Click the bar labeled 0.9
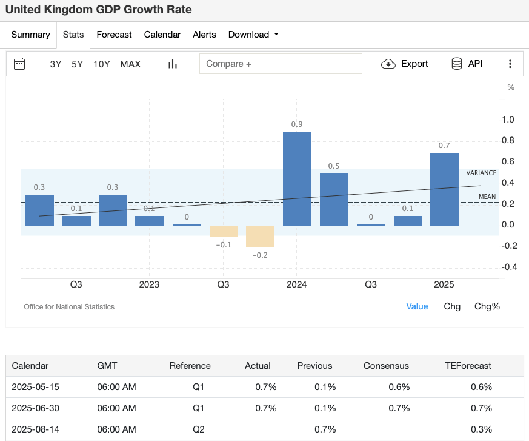(297, 178)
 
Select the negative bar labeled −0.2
(260, 237)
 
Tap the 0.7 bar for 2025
(444, 189)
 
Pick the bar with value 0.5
(334, 200)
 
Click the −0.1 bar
(224, 231)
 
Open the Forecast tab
(114, 35)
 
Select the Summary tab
(30, 35)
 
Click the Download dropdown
(253, 35)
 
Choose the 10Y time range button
(101, 64)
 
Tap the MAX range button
(130, 64)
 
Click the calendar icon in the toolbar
(19, 64)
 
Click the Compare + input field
(281, 64)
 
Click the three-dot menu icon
(510, 64)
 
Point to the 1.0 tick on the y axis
(508, 120)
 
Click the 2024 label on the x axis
(297, 284)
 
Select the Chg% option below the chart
(487, 306)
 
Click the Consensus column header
(386, 366)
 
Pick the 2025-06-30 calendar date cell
(36, 408)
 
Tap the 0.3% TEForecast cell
(481, 429)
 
